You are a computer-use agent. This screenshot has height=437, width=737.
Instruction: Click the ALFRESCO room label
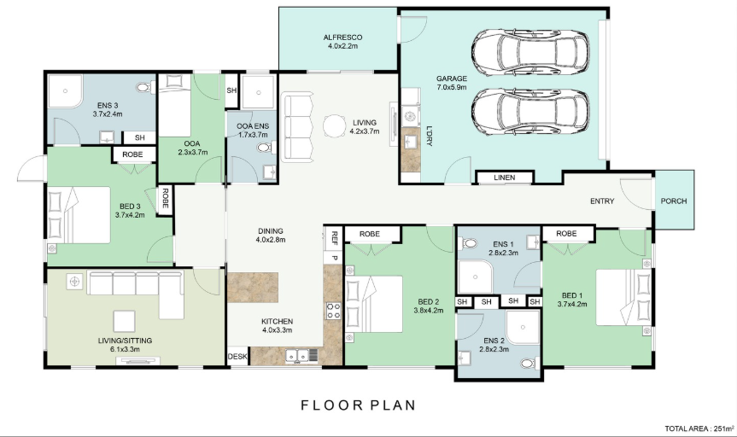[342, 37]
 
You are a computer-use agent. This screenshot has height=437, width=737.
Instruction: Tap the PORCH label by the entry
[674, 201]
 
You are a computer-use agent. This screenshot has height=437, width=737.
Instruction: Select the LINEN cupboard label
[505, 178]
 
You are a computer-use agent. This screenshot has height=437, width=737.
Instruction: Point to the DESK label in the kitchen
[237, 357]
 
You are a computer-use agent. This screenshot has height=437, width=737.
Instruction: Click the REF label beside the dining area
[334, 238]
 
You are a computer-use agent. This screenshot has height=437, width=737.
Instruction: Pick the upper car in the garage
[530, 53]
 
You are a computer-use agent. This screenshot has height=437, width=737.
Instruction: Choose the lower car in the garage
[530, 111]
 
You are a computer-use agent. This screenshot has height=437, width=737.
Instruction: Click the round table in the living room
[335, 126]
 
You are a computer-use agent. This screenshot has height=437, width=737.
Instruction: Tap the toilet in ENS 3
[143, 87]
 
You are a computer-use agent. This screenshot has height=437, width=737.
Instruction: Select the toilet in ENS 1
[468, 243]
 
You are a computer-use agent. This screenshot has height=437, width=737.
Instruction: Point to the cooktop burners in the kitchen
[334, 311]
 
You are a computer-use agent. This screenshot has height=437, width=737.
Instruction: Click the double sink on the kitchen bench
[298, 357]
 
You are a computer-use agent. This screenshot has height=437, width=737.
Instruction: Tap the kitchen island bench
[253, 287]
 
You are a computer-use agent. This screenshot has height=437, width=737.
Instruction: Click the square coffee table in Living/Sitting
[124, 321]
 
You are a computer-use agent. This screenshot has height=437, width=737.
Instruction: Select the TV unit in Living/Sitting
[137, 361]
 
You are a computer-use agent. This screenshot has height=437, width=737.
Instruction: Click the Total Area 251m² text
[699, 428]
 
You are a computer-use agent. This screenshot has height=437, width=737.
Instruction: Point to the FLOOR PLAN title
[358, 405]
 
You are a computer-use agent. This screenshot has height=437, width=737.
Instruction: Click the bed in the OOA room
[175, 106]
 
